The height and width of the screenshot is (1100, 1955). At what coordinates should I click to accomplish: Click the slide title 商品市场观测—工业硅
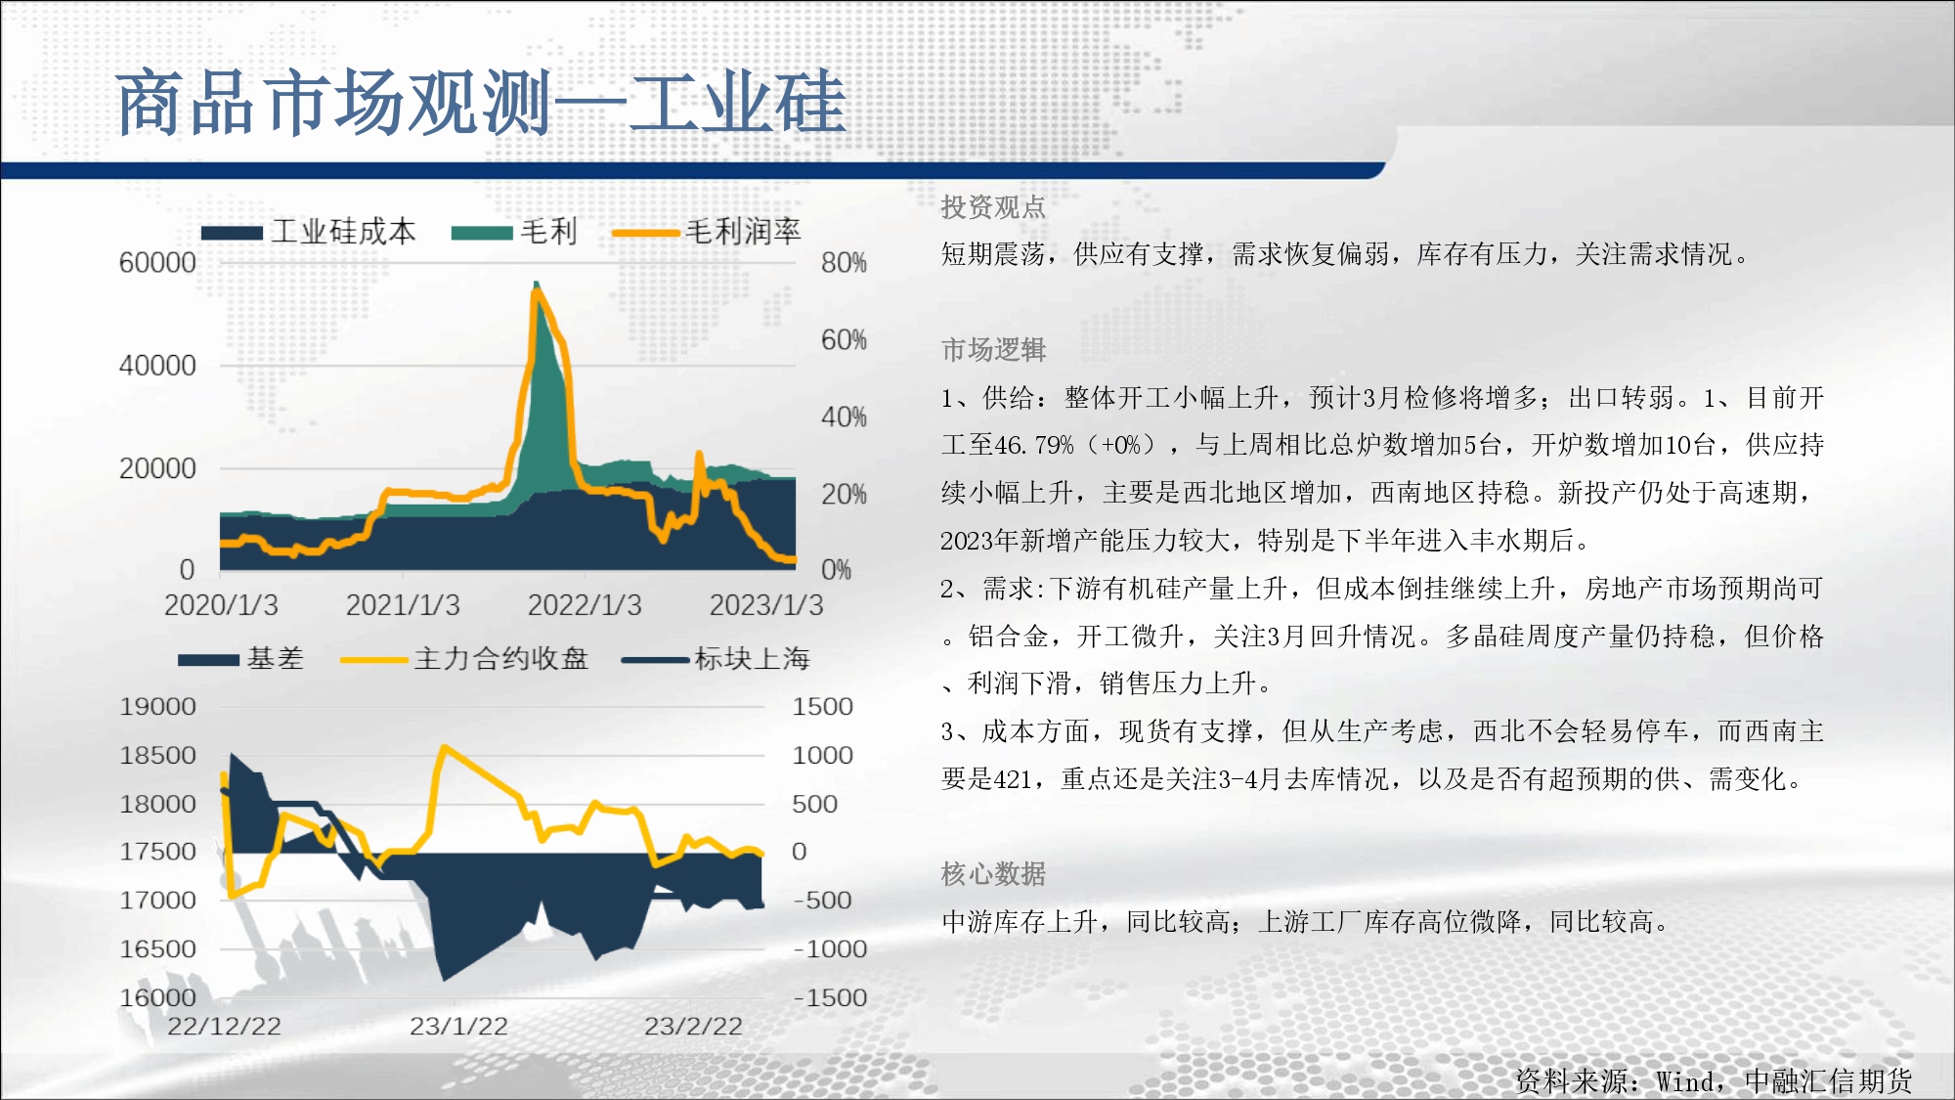[480, 102]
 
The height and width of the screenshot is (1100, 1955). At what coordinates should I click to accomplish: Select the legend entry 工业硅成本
[309, 232]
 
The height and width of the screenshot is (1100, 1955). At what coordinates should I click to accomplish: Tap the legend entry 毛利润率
[707, 232]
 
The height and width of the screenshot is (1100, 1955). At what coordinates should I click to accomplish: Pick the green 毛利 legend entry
[515, 232]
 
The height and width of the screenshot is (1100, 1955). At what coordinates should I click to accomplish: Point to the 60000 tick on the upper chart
[157, 263]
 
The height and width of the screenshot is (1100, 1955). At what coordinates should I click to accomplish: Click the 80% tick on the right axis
[844, 263]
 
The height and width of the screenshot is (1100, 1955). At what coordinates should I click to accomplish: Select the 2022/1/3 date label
[585, 605]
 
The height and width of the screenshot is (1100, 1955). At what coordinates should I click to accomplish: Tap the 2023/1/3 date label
[766, 605]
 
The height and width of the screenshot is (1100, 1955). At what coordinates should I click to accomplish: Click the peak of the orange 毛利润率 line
[536, 290]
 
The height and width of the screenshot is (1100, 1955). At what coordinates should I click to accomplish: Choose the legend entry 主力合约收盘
[464, 659]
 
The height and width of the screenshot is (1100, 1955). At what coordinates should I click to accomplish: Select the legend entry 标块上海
[717, 659]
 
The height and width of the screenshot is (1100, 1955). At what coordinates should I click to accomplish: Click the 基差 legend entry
[241, 659]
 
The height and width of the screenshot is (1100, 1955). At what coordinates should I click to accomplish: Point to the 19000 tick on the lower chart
[157, 707]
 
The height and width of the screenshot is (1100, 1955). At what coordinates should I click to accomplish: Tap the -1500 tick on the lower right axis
[830, 998]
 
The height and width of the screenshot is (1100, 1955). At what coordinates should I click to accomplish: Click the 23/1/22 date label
[458, 1027]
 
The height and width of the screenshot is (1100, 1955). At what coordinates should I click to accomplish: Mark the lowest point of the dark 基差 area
[444, 979]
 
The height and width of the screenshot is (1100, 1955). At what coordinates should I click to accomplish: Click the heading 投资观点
[993, 207]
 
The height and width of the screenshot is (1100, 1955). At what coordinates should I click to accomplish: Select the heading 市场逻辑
[993, 350]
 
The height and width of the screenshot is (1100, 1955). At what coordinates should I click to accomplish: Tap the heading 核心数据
[993, 874]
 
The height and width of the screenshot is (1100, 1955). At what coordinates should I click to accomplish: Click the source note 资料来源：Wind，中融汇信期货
[1714, 1081]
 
